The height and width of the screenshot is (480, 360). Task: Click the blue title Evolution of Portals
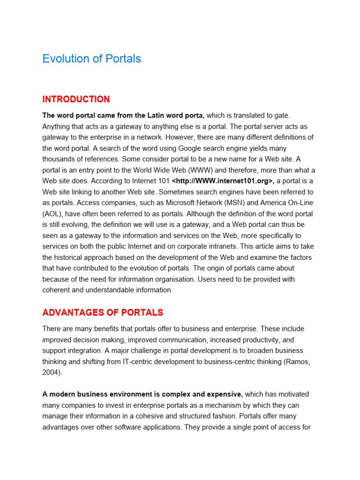(x=91, y=59)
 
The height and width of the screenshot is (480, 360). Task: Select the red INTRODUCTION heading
(x=76, y=99)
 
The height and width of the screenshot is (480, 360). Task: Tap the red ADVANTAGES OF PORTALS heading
(x=103, y=313)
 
